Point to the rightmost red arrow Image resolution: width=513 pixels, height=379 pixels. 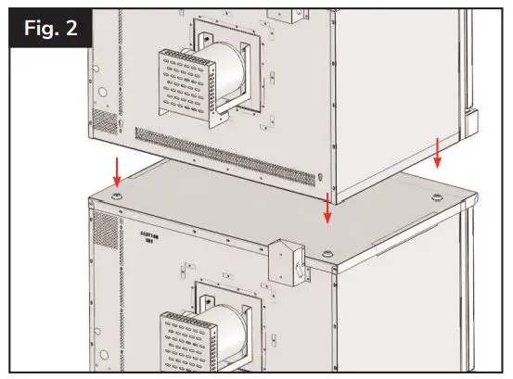(x=438, y=154)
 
